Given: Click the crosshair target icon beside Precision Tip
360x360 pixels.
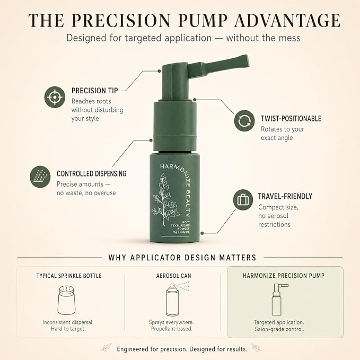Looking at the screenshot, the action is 55,97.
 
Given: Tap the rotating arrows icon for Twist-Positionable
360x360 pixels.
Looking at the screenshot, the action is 244,121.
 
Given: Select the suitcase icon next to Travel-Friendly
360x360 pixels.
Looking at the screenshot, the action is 243,200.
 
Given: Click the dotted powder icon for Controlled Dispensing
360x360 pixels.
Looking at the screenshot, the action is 40,177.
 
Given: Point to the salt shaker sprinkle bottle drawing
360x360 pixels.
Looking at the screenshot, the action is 67,300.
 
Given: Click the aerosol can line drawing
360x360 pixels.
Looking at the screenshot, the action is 177,300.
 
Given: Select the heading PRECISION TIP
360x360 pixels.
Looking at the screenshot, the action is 94,91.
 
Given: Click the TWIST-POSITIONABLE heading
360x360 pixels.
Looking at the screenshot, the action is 291,118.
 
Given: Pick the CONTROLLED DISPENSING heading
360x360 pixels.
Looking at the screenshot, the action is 91,173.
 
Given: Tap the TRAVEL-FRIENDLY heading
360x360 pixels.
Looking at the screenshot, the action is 285,196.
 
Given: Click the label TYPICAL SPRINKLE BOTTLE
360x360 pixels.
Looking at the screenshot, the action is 69,276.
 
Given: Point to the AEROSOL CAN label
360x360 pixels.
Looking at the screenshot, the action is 173,276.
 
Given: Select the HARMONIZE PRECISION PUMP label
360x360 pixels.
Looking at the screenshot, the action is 284,276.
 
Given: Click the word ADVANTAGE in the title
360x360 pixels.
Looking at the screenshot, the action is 287,21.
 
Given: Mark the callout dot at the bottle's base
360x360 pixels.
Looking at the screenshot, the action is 202,233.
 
